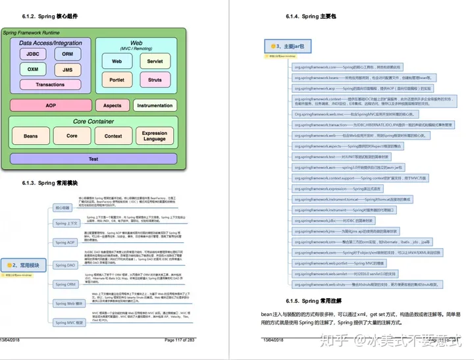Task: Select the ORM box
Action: click(x=67, y=54)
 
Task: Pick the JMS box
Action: click(x=67, y=70)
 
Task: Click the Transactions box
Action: click(x=51, y=84)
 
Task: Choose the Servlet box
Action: click(x=155, y=61)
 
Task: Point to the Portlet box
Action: click(x=117, y=80)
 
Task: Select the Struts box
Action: click(x=155, y=80)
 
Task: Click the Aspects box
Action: click(x=113, y=105)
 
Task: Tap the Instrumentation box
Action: click(x=155, y=105)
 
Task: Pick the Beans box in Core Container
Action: click(x=31, y=136)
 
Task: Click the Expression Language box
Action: click(x=155, y=136)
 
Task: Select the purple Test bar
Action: click(x=93, y=159)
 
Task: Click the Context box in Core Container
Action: click(x=113, y=136)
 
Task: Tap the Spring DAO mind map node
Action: click(x=66, y=265)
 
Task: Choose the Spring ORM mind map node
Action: click(x=66, y=284)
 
